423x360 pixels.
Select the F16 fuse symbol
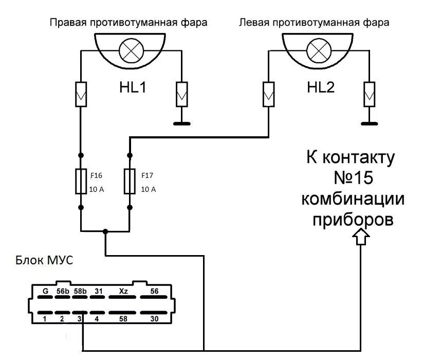click(x=81, y=181)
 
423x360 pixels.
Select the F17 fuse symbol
click(x=130, y=181)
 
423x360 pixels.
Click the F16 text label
click(x=96, y=175)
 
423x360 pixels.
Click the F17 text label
click(x=148, y=175)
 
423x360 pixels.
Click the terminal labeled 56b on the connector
click(x=63, y=291)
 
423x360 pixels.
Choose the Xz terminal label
click(x=123, y=291)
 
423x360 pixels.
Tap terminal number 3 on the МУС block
click(x=79, y=319)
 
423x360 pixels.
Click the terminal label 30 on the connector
click(x=154, y=319)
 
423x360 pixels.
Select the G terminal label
click(x=45, y=291)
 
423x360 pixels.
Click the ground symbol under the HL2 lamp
click(x=369, y=123)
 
